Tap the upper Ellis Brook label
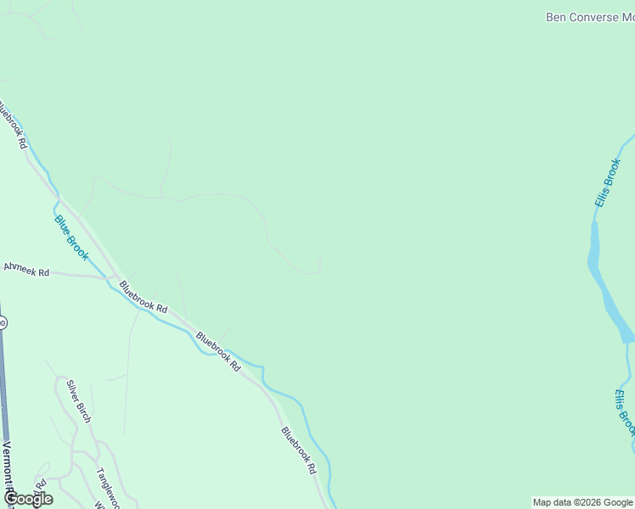(x=608, y=182)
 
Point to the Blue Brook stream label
(x=72, y=238)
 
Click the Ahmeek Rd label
(x=26, y=270)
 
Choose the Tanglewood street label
(x=107, y=488)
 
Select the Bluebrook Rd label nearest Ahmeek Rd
(x=143, y=297)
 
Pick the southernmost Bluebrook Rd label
(x=299, y=450)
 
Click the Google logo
(x=28, y=499)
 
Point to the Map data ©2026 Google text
(x=583, y=502)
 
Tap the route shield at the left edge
(x=3, y=322)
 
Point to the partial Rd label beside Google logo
(x=39, y=485)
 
